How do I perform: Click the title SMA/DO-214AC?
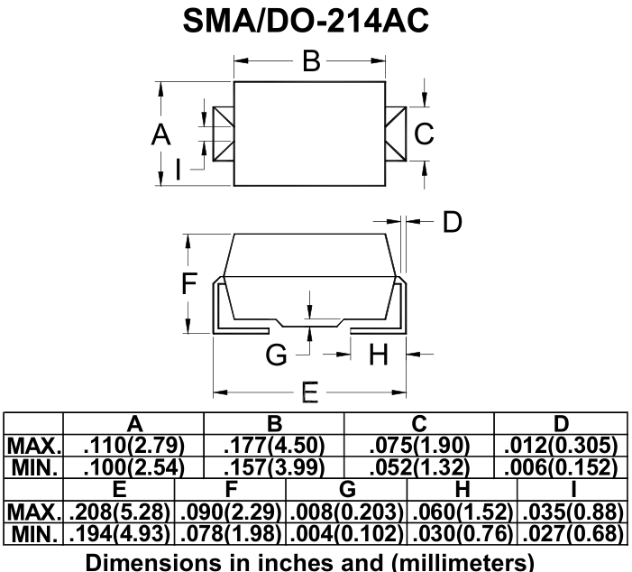tap(306, 21)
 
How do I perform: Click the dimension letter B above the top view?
tap(312, 61)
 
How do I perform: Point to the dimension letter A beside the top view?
tap(160, 134)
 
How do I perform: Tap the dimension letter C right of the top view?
tap(424, 134)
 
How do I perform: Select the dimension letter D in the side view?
tap(453, 221)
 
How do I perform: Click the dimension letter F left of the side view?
tap(189, 282)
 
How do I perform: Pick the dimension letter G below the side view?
tap(276, 355)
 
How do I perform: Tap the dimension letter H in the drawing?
tap(379, 355)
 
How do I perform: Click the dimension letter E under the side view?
tap(310, 392)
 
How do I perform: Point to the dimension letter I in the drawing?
tap(179, 169)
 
